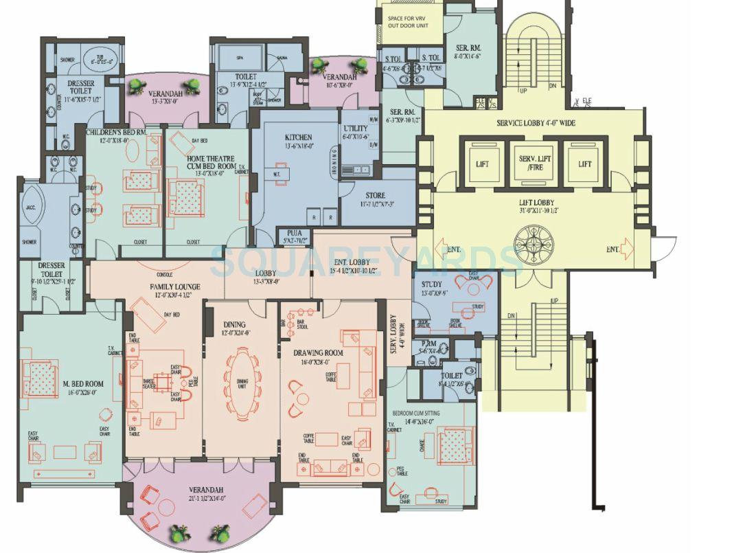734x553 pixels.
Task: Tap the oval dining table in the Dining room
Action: [243, 383]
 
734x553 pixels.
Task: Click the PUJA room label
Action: [294, 233]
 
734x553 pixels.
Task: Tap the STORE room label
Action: [375, 196]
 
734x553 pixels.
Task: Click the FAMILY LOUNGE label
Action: [175, 286]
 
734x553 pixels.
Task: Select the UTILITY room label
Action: [355, 128]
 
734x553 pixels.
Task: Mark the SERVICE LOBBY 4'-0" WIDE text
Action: [536, 123]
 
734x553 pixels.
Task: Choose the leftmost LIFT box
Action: [481, 163]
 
